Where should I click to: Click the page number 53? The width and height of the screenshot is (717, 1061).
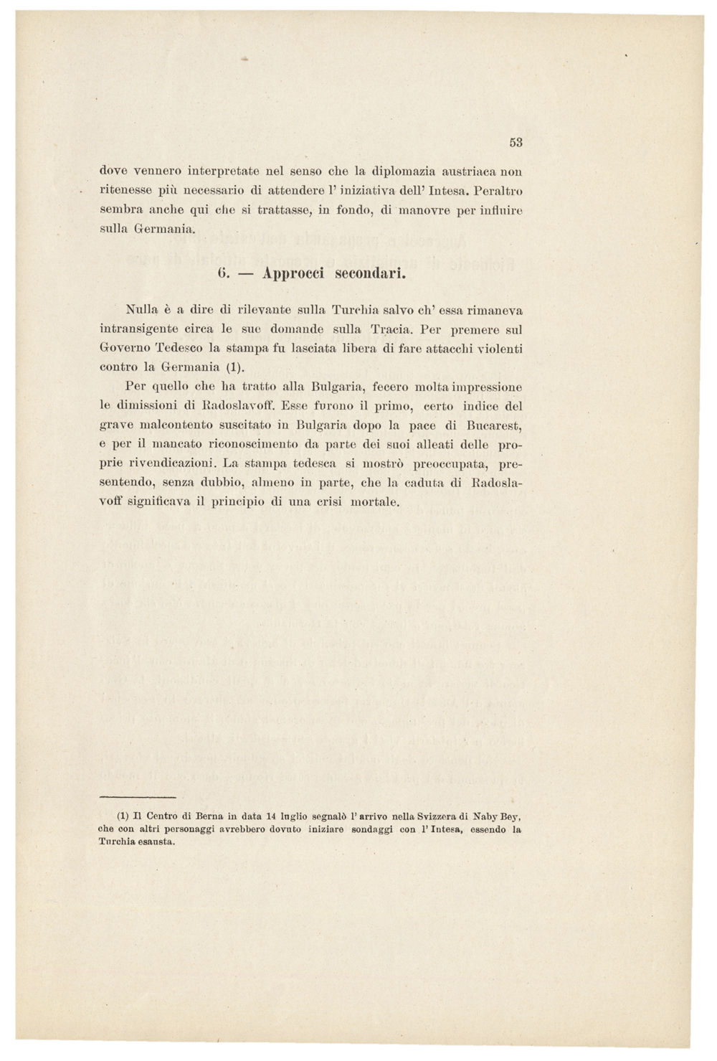(x=516, y=142)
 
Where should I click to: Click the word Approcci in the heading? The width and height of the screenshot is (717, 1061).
(x=293, y=273)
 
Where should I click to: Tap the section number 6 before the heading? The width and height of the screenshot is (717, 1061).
(x=222, y=273)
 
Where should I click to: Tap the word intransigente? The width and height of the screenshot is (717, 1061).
(x=138, y=330)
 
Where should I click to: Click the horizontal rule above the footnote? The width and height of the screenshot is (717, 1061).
(x=138, y=797)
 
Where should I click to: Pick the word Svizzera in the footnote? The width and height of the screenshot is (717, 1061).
(x=432, y=816)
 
